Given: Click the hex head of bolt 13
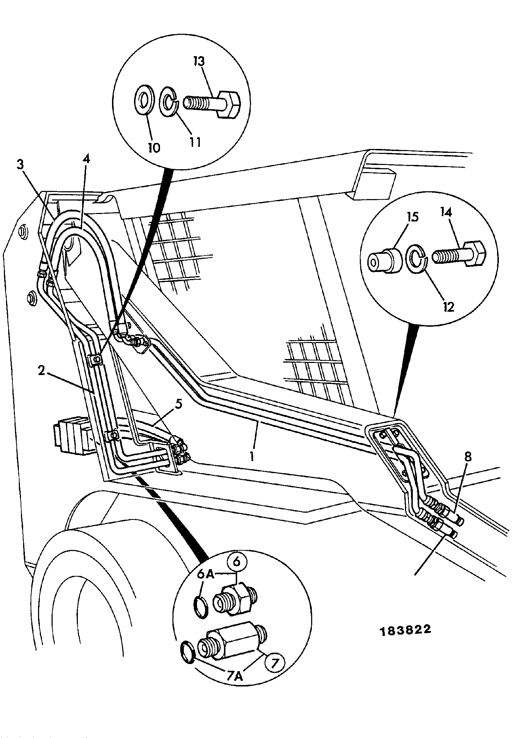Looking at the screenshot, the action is tap(230, 104).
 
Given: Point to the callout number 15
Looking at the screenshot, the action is tap(412, 216).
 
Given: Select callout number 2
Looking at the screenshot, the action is tap(42, 371).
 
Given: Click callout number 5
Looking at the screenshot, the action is tap(179, 404).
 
